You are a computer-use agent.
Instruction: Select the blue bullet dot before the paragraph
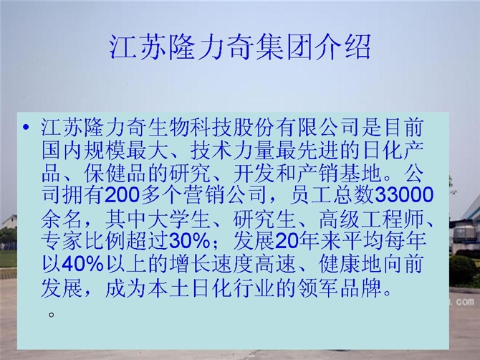pyautogui.click(x=26, y=127)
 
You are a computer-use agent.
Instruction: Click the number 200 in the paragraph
pyautogui.click(x=122, y=195)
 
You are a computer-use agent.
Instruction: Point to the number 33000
pyautogui.click(x=404, y=195)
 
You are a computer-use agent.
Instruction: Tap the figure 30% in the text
pyautogui.click(x=190, y=241)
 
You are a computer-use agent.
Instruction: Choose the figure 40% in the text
pyautogui.click(x=83, y=264)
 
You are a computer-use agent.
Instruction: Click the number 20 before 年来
pyautogui.click(x=287, y=241)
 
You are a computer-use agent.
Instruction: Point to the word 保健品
pyautogui.click(x=116, y=173)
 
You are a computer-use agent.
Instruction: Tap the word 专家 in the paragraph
pyautogui.click(x=62, y=241)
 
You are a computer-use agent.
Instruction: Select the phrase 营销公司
pyautogui.click(x=224, y=195)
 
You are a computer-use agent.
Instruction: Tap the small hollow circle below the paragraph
pyautogui.click(x=52, y=315)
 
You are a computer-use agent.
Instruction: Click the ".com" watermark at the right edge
pyautogui.click(x=464, y=302)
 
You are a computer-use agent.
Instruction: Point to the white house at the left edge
pyautogui.click(x=9, y=222)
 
